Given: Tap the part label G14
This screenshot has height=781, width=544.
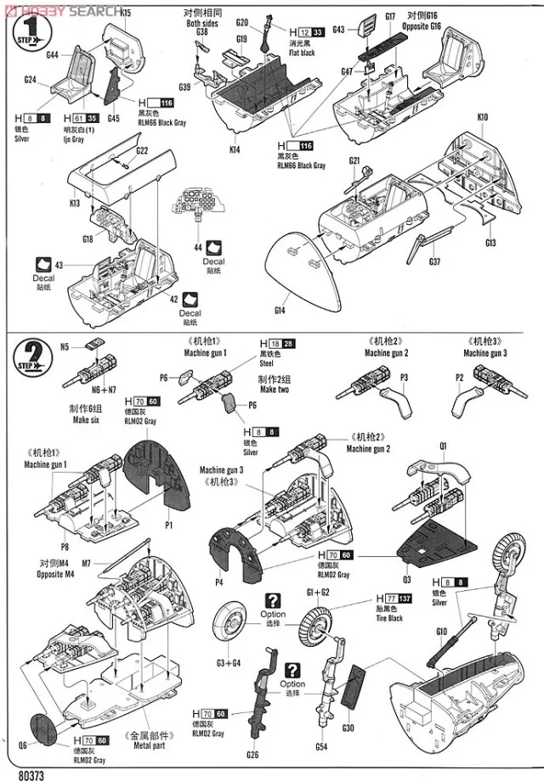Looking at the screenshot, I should [280, 311].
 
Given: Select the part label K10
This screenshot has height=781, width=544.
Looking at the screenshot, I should [482, 116].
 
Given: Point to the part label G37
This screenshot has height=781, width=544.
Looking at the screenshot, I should [436, 261].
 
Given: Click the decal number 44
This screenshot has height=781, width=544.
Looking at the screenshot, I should [197, 247].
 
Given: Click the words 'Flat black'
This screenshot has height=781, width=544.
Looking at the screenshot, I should [303, 53].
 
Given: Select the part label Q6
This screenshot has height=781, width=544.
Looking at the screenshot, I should [22, 744].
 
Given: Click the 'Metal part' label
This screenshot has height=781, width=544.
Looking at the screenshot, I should [151, 746].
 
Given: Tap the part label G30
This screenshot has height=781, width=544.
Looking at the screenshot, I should [348, 728].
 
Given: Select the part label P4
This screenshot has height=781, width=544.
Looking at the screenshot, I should [218, 582].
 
